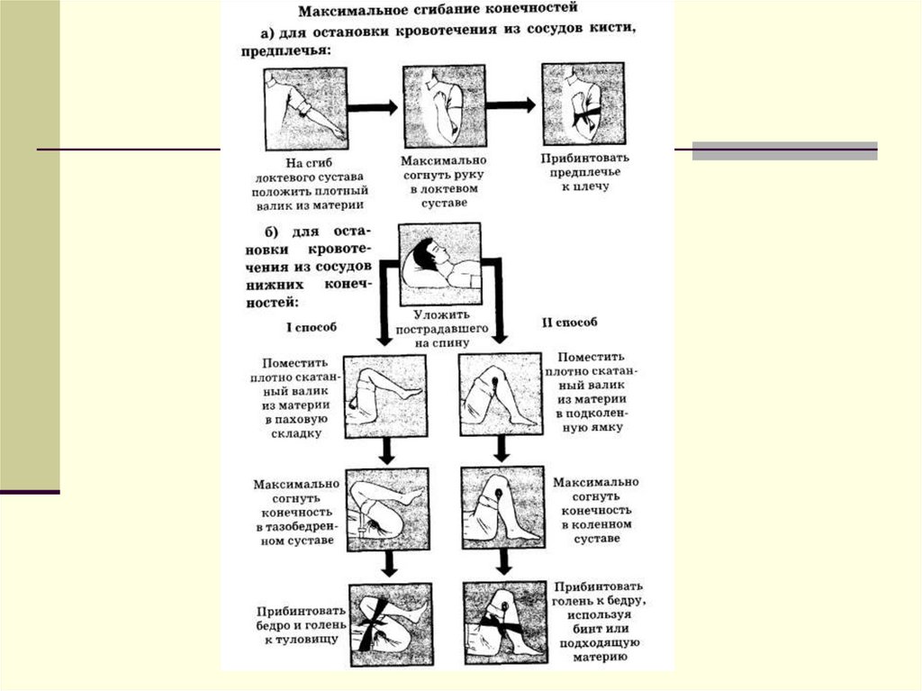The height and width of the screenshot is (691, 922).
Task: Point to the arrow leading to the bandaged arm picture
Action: pyautogui.click(x=511, y=105)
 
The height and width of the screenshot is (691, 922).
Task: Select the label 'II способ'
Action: pyautogui.click(x=571, y=322)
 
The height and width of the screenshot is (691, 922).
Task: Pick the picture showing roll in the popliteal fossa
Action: pyautogui.click(x=500, y=394)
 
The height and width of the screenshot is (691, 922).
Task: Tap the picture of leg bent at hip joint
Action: pyautogui.click(x=386, y=507)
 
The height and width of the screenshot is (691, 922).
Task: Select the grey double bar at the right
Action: pyautogui.click(x=784, y=151)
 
